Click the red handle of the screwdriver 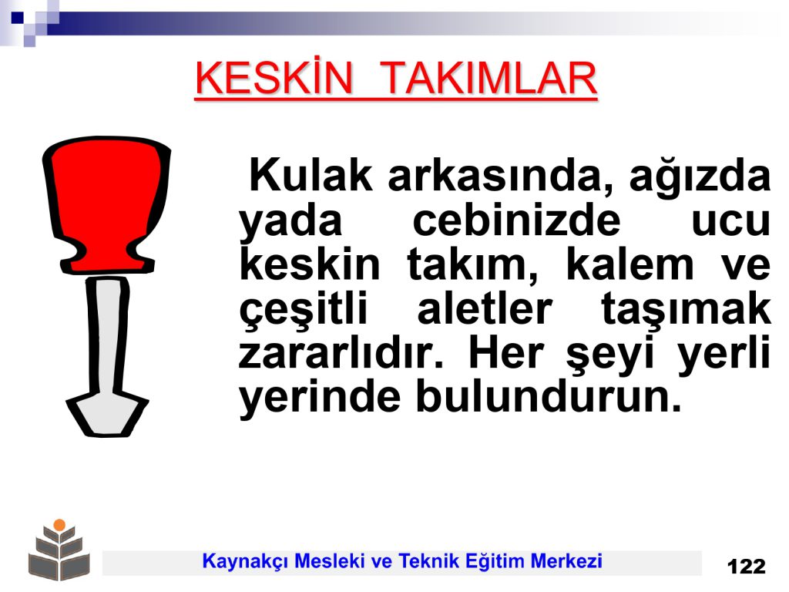(106, 204)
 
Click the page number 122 (746, 567)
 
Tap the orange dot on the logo (59, 524)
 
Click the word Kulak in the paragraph (311, 175)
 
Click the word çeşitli (304, 310)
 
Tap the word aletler (485, 308)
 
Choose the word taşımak (686, 310)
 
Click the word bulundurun (549, 396)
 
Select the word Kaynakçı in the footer (245, 561)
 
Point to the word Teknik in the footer (429, 560)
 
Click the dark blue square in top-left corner (18, 18)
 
